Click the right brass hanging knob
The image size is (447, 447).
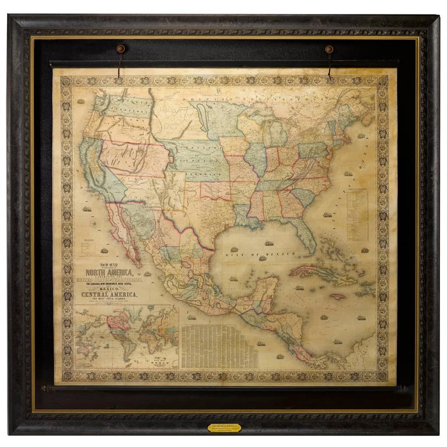[329, 49]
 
